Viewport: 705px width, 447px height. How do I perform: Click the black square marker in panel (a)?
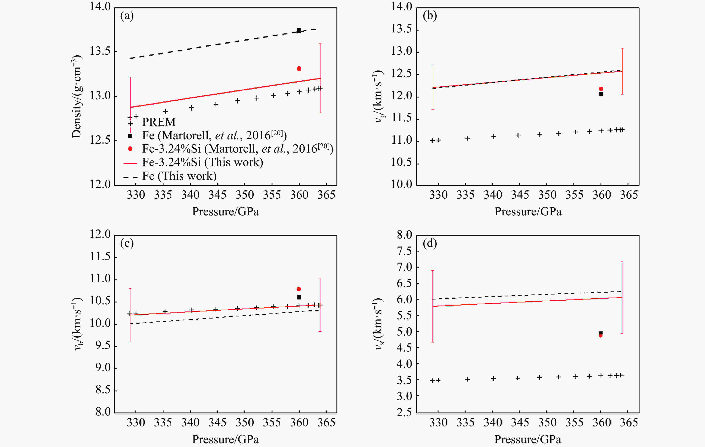click(x=299, y=31)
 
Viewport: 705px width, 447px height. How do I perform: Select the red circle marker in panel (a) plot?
click(x=299, y=68)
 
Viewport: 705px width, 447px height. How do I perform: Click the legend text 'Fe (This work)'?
click(x=179, y=176)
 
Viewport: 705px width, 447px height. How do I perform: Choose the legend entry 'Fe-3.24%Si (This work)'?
click(x=203, y=162)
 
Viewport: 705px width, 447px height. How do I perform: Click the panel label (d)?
click(x=430, y=243)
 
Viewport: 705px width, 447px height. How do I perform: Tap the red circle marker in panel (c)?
click(x=299, y=289)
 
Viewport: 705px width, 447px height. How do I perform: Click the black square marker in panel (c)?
click(x=299, y=297)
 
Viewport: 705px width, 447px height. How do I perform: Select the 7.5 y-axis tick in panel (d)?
click(x=405, y=251)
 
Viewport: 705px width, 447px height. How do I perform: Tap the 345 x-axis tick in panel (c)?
click(x=217, y=422)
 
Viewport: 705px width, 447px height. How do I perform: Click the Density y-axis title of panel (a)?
click(x=77, y=97)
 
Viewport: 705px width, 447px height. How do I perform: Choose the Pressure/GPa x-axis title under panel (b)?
click(x=528, y=211)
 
